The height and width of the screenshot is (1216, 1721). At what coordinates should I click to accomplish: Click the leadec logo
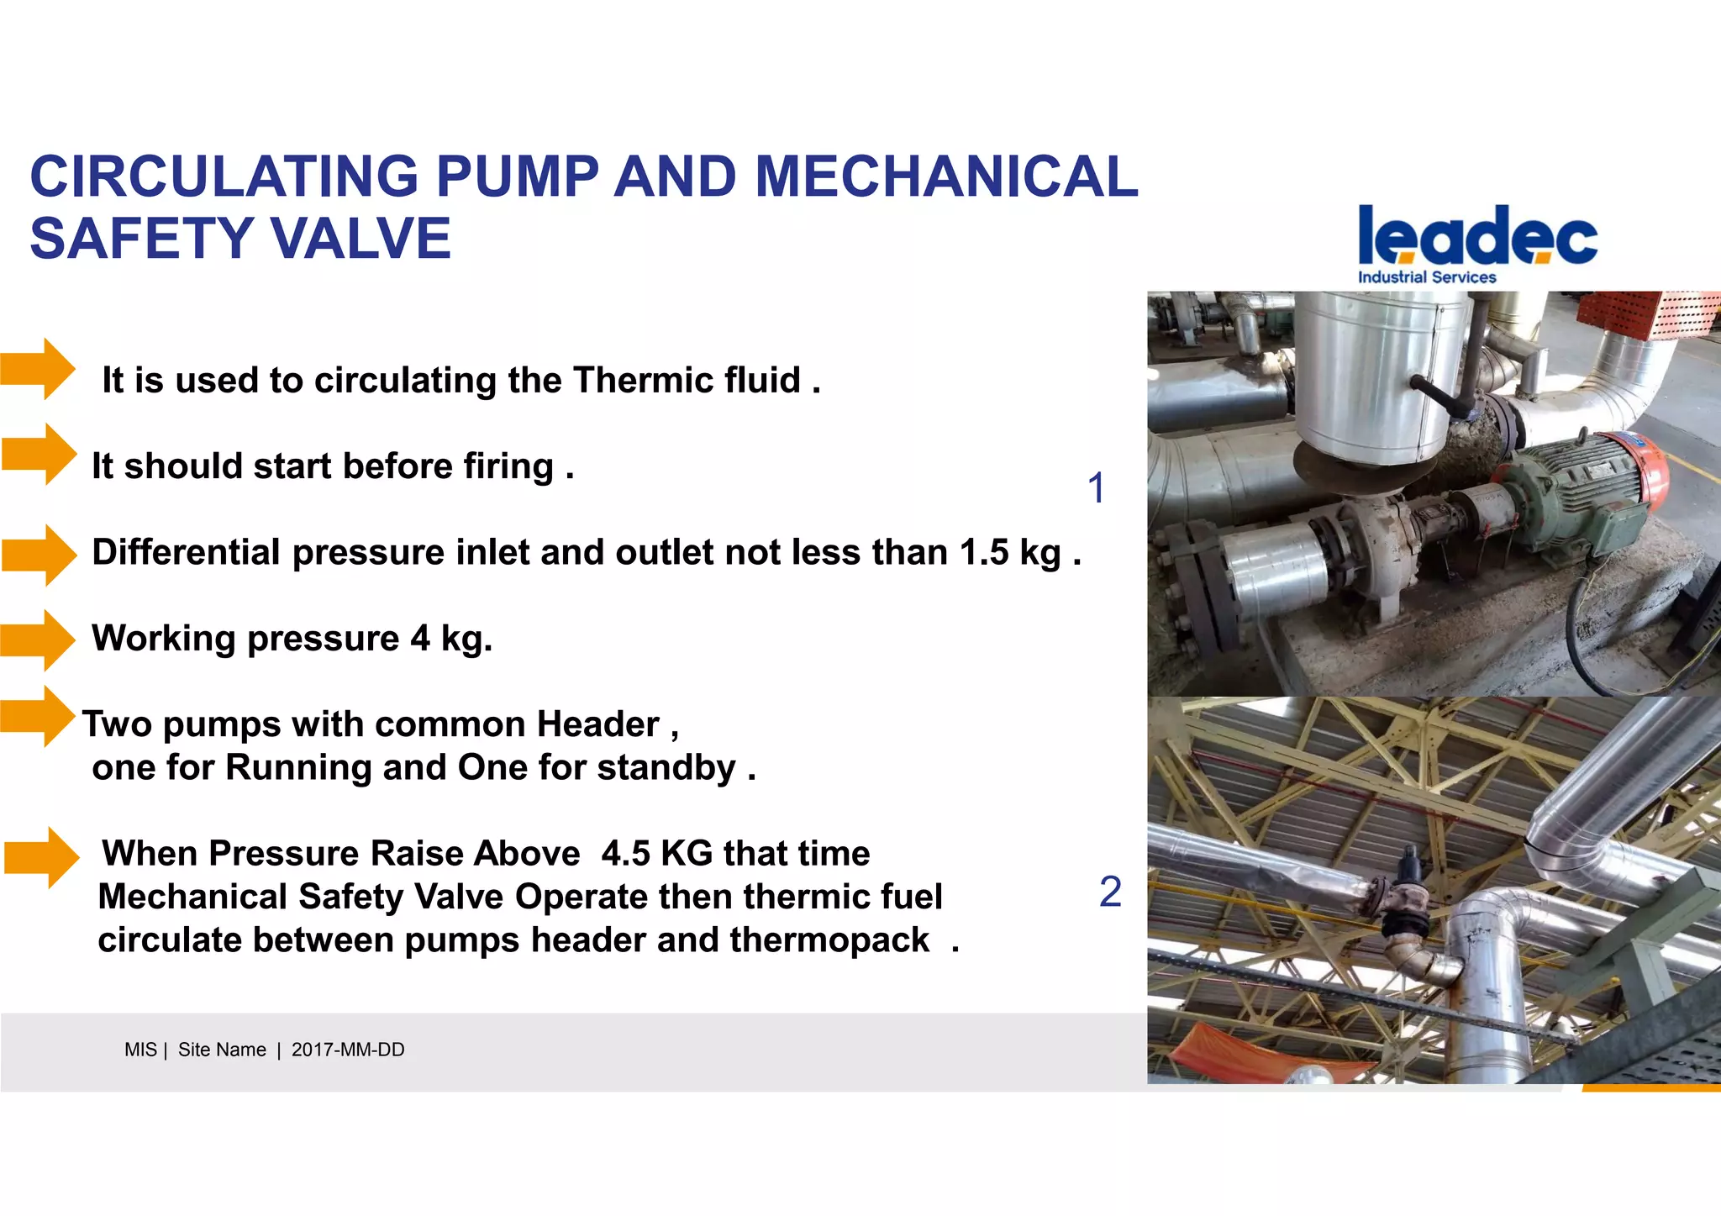coord(1477,235)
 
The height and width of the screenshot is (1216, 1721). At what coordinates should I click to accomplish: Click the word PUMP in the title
coord(517,177)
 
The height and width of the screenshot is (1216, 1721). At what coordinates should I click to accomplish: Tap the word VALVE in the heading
coord(362,239)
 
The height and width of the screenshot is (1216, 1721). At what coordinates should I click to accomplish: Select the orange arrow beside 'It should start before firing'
coord(39,455)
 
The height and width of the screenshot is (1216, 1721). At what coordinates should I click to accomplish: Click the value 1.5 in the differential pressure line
coord(983,553)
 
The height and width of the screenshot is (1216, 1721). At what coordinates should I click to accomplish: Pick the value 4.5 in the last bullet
coord(625,854)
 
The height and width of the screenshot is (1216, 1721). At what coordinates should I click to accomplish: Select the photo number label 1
coord(1096,488)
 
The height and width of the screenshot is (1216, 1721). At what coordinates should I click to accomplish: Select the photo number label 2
coord(1110,892)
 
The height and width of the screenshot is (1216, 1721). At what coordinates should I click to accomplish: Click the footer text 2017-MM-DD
coord(348,1050)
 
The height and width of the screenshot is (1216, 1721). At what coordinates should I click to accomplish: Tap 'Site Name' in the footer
coord(222,1050)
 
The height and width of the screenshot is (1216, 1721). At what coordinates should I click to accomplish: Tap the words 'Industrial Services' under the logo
coord(1427,277)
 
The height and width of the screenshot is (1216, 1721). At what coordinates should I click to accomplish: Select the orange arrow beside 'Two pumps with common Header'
coord(38,717)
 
